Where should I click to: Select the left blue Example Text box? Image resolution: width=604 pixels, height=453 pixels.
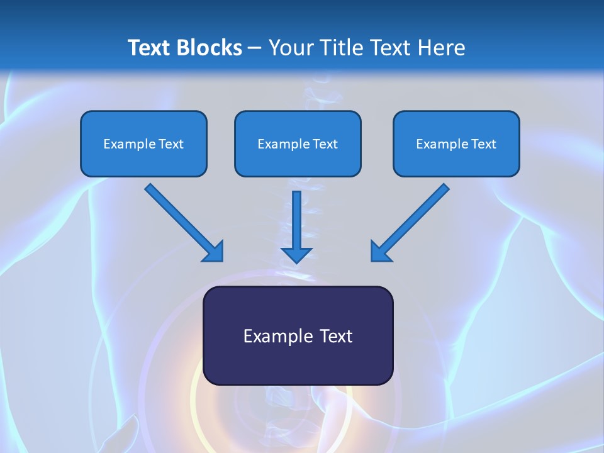(143, 143)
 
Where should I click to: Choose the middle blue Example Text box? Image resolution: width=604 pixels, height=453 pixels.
(298, 143)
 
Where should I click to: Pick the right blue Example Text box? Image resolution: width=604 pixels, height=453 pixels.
(456, 143)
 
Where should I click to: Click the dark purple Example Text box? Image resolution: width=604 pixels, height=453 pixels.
(298, 335)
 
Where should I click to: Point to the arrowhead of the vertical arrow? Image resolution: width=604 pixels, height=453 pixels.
(296, 254)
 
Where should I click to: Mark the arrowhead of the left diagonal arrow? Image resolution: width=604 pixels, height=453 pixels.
(214, 251)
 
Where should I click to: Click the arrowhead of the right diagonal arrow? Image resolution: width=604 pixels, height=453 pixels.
(380, 251)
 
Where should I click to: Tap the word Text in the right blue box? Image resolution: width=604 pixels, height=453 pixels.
(484, 144)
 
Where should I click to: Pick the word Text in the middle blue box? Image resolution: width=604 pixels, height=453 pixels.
(325, 144)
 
